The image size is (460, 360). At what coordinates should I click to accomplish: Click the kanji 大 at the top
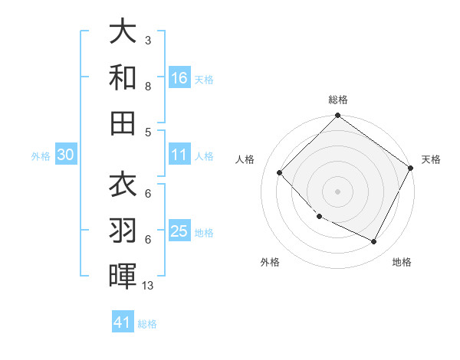tap(123, 33)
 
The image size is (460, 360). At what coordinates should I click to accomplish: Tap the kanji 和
tap(123, 77)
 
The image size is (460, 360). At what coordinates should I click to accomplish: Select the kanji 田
tap(123, 121)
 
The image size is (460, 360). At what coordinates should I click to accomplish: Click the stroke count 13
tap(148, 286)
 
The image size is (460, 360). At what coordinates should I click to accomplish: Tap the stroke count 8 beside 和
tap(148, 87)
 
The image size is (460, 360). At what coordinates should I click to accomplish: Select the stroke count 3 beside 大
tap(148, 40)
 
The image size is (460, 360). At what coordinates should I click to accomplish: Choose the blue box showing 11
tap(179, 155)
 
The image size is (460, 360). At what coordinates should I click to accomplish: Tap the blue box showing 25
tap(179, 231)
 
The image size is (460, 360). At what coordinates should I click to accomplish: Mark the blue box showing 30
tap(65, 155)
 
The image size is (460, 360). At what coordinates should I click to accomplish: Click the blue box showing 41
tap(123, 322)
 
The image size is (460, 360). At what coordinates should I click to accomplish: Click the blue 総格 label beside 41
tap(147, 324)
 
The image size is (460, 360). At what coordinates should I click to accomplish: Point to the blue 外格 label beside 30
tap(41, 156)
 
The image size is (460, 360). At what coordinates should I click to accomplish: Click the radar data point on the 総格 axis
tap(337, 117)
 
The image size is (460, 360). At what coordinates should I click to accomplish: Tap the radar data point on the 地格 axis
tap(374, 242)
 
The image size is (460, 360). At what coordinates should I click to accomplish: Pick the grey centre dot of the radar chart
tap(337, 191)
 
